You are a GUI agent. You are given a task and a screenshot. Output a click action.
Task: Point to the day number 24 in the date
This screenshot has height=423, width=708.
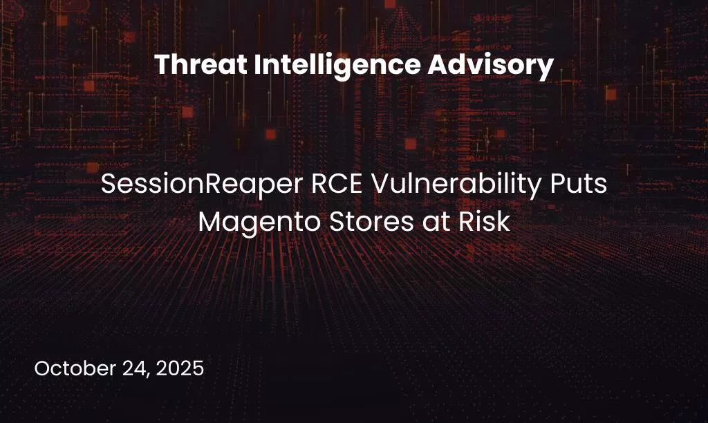[130, 368]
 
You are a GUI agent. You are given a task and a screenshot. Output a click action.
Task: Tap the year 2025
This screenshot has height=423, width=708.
[180, 368]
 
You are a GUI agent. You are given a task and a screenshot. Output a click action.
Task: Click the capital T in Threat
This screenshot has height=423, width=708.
[161, 66]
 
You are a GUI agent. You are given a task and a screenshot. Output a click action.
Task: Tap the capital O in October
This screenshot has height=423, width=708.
[41, 368]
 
